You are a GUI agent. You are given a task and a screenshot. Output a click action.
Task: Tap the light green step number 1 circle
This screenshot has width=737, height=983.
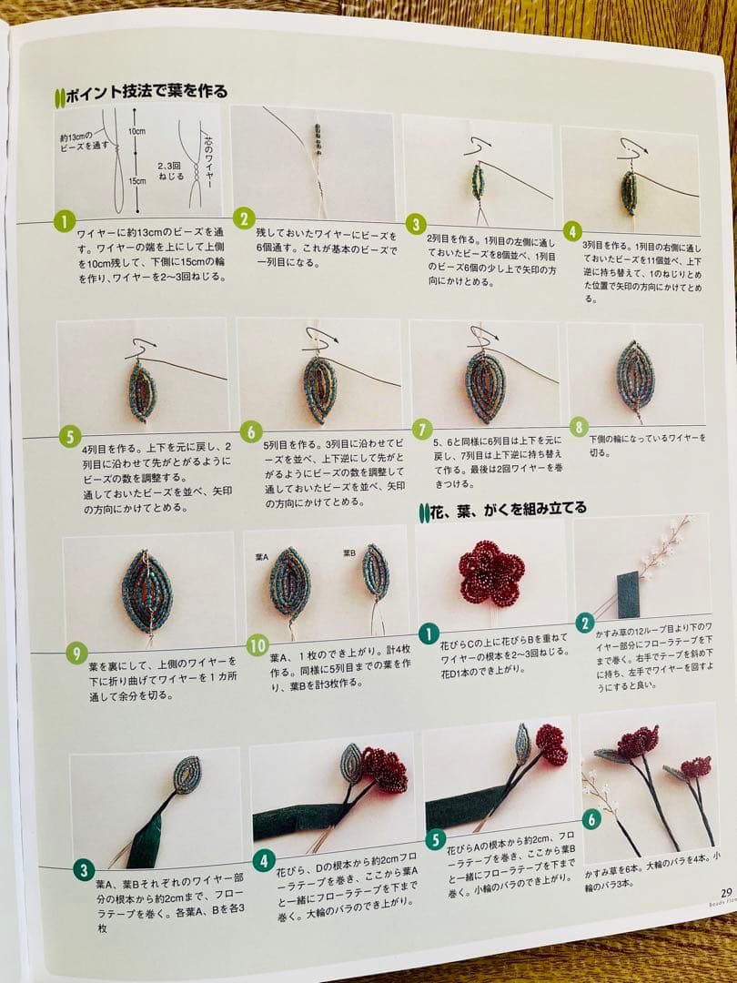[x=64, y=221]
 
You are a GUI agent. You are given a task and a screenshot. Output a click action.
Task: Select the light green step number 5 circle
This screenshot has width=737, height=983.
[x=71, y=437]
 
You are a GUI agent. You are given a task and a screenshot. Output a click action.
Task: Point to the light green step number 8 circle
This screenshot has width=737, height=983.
[x=580, y=427]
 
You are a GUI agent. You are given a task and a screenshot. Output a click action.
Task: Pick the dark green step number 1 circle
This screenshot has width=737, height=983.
[x=429, y=633]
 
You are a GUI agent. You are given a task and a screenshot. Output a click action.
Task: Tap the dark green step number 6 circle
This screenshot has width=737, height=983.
[x=591, y=819]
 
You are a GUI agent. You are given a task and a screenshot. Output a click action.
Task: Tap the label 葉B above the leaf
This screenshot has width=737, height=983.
[x=349, y=553]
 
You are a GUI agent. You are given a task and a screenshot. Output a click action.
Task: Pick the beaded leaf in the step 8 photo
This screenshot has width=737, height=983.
[x=634, y=374]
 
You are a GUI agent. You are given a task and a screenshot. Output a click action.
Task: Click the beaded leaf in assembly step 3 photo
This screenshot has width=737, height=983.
[x=187, y=774]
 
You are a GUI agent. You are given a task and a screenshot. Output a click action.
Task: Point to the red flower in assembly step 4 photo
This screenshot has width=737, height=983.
[x=386, y=770]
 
